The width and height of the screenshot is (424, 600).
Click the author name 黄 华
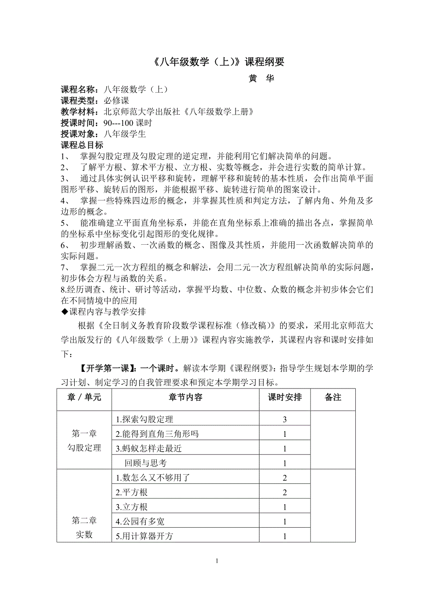tap(261, 79)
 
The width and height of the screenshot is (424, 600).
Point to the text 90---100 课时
tap(128, 123)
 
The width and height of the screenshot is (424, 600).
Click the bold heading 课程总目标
tap(82, 145)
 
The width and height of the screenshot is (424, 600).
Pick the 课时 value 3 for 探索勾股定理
tap(285, 419)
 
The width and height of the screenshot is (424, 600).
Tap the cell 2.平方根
tap(132, 493)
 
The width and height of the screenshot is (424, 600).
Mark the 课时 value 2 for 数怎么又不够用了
tap(285, 478)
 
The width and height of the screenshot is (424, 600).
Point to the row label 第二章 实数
tap(84, 528)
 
